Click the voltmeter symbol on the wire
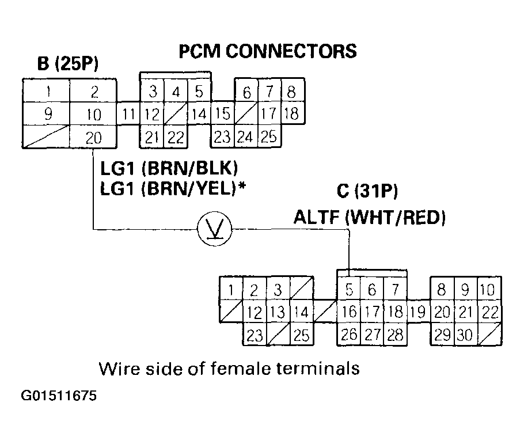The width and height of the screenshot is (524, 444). pos(214,230)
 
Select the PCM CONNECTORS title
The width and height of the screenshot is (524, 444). pos(267,51)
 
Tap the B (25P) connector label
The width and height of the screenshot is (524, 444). pos(68,63)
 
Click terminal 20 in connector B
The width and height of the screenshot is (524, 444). pos(94,137)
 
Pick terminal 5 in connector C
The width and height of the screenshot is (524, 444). pos(349,289)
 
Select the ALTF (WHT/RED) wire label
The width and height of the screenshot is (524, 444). pos(369,217)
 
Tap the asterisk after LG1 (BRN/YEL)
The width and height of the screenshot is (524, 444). pos(243,186)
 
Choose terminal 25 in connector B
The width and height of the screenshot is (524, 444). pos(268,137)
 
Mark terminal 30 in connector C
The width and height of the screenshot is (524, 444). pos(465,335)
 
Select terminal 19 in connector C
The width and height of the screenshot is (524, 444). pos(419,312)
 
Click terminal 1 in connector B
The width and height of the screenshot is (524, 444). pos(47,91)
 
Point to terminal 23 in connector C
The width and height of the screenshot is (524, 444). pos(254,335)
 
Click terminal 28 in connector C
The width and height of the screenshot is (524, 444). pos(396,335)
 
